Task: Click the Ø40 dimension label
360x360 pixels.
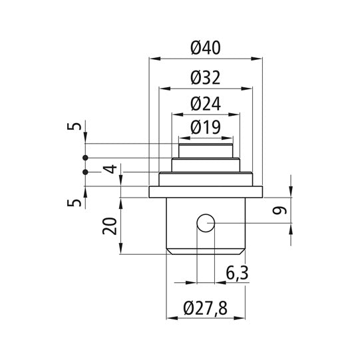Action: (206, 47)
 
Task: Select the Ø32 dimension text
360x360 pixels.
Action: (206, 77)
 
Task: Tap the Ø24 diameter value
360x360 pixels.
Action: (206, 103)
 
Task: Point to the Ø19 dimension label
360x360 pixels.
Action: (206, 126)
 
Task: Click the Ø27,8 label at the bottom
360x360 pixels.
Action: (206, 309)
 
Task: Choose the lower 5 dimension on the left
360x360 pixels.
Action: (79, 200)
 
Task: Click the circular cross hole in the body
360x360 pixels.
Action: (206, 223)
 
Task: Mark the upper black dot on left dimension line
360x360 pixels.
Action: (85, 158)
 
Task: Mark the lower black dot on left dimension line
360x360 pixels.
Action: (85, 172)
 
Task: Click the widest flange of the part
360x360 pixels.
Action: (206, 192)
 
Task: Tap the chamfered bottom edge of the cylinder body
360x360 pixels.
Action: (206, 251)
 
